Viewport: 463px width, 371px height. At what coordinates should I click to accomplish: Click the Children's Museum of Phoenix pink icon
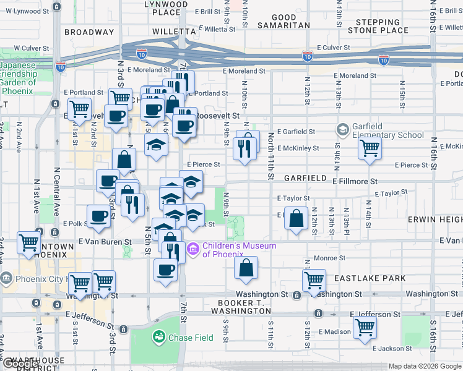coord(193,249)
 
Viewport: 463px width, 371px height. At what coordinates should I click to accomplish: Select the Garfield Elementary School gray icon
coord(342,130)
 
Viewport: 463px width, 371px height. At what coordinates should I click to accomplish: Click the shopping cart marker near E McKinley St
coord(370,148)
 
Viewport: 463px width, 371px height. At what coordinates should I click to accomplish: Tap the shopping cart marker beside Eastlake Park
coord(314,279)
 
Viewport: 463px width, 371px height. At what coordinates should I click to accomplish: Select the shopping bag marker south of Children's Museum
coord(246,268)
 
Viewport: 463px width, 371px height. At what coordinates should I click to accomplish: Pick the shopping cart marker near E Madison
coord(365,327)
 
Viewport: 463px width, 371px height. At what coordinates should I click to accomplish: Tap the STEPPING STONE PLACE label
coord(378,25)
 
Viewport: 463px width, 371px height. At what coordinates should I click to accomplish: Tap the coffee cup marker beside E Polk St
coord(98,216)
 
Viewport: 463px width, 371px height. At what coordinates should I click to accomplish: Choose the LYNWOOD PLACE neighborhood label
coord(166,8)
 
